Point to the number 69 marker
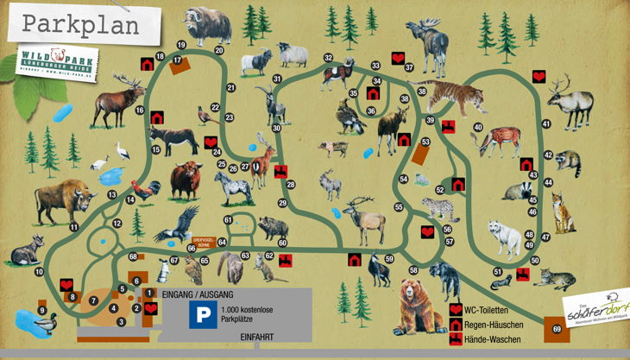coord(556,329)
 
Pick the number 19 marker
coord(182,45)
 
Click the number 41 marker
coord(545,125)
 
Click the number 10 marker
coord(39,271)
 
